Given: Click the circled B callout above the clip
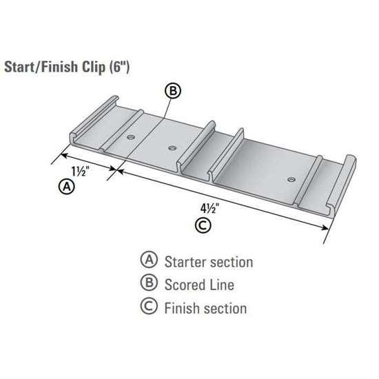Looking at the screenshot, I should click(173, 91).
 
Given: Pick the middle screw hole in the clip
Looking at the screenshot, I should click(172, 147).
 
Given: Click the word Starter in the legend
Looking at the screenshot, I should click(187, 262).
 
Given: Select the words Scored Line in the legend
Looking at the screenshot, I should click(199, 285).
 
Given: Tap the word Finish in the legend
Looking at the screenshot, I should click(183, 308).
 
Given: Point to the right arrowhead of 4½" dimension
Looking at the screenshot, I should click(325, 241).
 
